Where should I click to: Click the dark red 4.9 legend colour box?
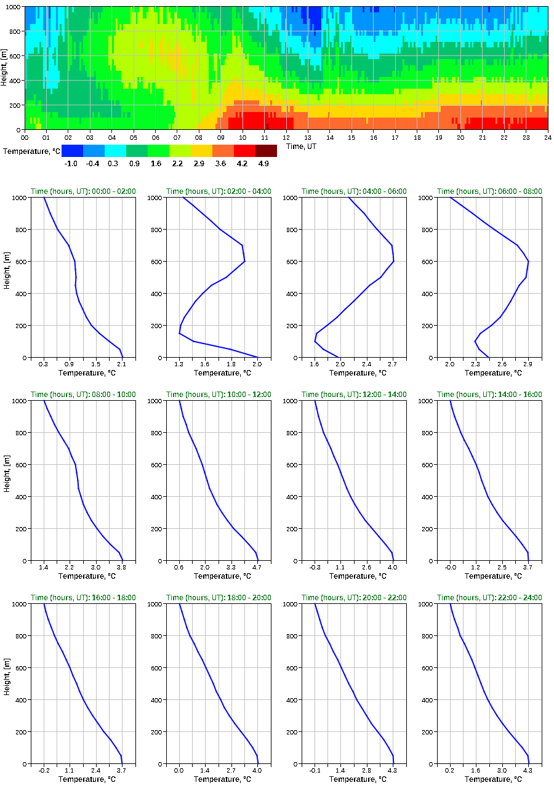(x=266, y=151)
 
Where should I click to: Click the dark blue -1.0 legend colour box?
(x=72, y=151)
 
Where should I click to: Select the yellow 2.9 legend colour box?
(x=201, y=151)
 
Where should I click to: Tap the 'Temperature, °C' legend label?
(x=31, y=151)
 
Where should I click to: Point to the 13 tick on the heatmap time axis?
(x=308, y=137)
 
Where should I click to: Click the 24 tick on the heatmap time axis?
(x=547, y=137)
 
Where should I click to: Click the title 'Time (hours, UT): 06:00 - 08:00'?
(x=489, y=191)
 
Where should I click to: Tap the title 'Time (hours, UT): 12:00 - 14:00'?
(x=354, y=395)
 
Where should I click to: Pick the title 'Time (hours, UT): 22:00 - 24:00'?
(x=489, y=598)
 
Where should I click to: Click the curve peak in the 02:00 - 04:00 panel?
(x=244, y=262)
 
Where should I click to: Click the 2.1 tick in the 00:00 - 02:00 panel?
(x=121, y=364)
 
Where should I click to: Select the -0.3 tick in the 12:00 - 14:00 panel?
(x=315, y=567)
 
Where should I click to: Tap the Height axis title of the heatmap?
(x=6, y=68)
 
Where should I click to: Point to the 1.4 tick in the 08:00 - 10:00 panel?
(x=44, y=567)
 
